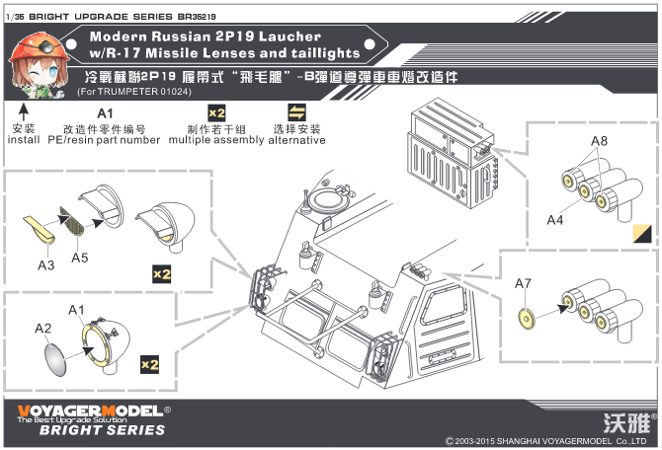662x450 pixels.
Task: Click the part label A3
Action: tap(45, 264)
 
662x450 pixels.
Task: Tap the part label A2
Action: tap(42, 328)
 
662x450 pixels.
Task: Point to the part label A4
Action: tap(555, 219)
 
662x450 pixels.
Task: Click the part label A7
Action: tap(523, 284)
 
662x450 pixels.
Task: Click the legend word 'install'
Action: tap(24, 141)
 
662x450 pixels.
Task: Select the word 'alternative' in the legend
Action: tap(296, 141)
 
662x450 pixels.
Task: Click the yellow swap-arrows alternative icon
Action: tap(296, 112)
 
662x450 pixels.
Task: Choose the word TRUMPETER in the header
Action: tap(128, 92)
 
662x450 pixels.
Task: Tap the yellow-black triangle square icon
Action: tap(642, 234)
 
